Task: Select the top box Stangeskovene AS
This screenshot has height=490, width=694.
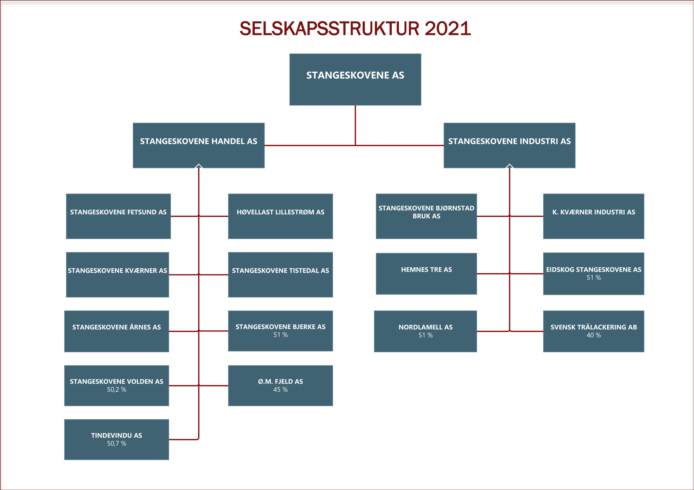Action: point(355,79)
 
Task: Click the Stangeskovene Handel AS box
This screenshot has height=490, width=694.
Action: point(199,145)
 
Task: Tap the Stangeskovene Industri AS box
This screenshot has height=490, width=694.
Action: point(509,145)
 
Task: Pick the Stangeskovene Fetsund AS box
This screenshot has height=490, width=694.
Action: point(118,216)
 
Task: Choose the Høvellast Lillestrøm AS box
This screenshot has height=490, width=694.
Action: point(280,216)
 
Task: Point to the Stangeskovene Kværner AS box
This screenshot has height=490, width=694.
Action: point(117,275)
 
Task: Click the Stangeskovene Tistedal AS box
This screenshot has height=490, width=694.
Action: point(280,275)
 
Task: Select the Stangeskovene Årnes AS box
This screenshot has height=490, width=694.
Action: point(116,331)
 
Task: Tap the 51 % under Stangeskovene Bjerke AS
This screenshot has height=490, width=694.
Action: point(280,335)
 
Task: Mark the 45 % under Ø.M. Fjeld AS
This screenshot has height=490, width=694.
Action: point(280,389)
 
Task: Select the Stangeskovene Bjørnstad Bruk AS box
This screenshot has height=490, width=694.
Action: point(426,216)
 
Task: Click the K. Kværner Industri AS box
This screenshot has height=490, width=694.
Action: point(594,216)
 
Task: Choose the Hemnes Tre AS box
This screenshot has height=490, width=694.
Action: point(426,274)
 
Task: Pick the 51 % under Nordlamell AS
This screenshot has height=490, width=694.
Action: point(426,335)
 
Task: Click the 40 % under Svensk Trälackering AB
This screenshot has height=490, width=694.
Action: point(594,335)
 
